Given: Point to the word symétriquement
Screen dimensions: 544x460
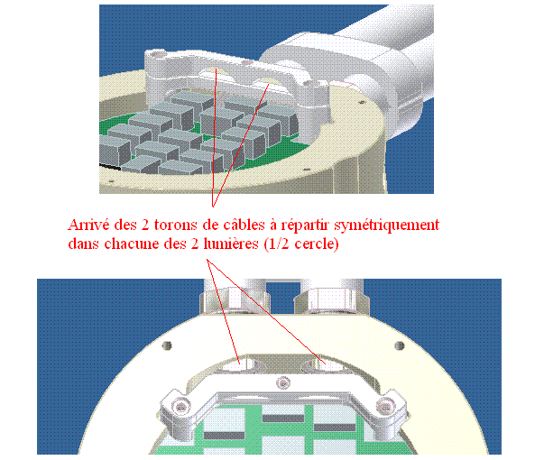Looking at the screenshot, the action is [x=387, y=225].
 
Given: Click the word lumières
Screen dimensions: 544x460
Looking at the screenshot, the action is [x=231, y=244].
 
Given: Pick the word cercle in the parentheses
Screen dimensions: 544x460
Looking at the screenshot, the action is [x=314, y=244].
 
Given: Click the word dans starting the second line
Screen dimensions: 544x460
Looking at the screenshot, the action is [x=83, y=244].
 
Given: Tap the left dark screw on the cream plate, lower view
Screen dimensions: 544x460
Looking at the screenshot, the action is [x=167, y=345].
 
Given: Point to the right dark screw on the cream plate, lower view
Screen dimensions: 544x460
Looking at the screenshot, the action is [x=400, y=345].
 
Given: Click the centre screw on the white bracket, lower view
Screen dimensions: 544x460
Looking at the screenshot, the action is [x=283, y=383].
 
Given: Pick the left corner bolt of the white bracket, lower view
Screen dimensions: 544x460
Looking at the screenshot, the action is [x=180, y=405].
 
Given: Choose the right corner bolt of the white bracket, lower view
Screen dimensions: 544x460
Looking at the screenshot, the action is [x=384, y=405].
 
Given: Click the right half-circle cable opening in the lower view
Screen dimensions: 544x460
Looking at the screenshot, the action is [x=326, y=364].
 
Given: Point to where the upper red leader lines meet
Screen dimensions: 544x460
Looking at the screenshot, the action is [x=213, y=207].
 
